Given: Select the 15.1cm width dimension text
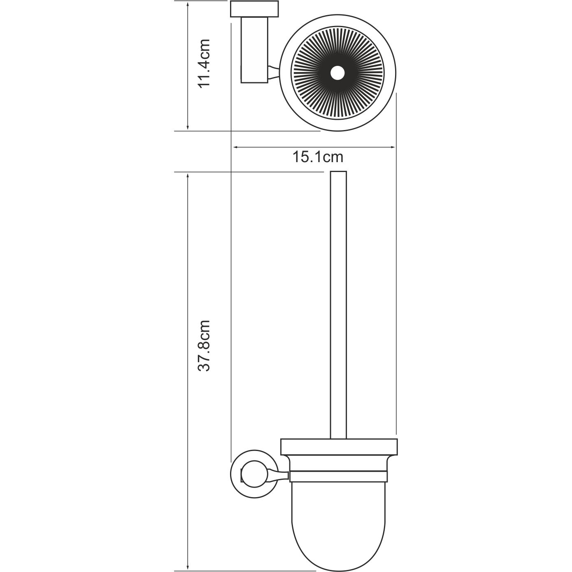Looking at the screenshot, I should [318, 157].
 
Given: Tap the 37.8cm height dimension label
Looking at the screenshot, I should [204, 346].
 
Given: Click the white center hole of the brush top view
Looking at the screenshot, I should [338, 73].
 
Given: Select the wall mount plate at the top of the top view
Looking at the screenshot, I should [254, 9].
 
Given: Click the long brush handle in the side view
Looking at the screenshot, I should [338, 305].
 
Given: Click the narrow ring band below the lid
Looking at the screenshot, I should [338, 476].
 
